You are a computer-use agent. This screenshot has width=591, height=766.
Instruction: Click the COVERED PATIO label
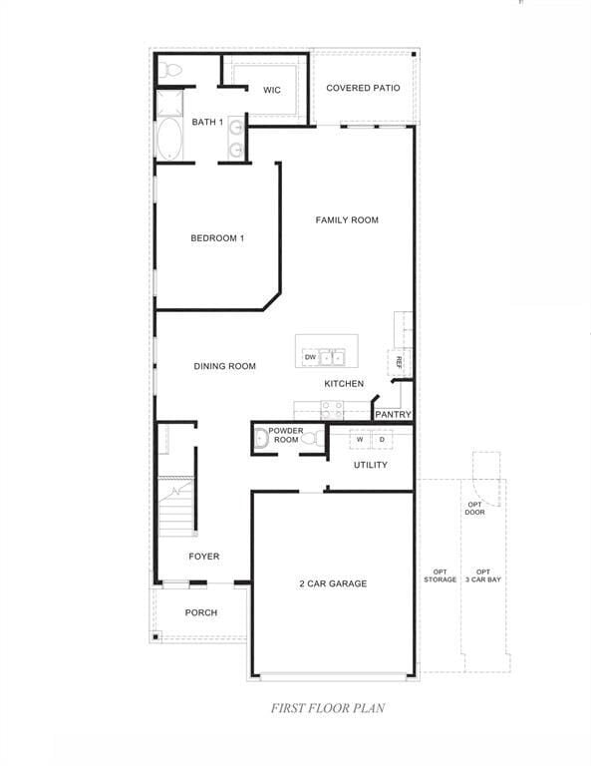pos(363,88)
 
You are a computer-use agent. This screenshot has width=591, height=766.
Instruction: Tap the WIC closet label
pos(272,90)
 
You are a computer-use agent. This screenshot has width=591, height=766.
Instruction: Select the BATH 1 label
pos(207,122)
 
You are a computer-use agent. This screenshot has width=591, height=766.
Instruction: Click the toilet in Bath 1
pos(170,71)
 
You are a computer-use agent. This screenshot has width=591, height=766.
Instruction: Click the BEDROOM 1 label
pos(217,237)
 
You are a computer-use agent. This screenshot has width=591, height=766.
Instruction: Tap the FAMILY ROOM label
pos(347,219)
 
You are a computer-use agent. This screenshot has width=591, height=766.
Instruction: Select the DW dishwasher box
pos(310,357)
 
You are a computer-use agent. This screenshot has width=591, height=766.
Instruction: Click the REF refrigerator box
pos(399,361)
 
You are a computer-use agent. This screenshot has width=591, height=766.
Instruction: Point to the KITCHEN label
pos(344,383)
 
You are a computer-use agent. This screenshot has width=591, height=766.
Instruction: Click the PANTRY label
pos(393,414)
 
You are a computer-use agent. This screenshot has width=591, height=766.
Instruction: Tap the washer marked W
pos(360,439)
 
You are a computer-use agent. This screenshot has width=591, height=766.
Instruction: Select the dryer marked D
pos(381,439)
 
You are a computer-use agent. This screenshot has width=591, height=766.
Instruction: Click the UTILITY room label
pos(371,465)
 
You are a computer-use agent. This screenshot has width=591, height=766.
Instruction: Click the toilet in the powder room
pos(309,438)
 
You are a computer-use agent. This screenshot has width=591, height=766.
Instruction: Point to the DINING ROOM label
pos(224,366)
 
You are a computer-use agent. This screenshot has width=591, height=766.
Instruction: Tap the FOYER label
pos(203,557)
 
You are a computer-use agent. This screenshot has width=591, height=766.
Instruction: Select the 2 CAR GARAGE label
pos(333,583)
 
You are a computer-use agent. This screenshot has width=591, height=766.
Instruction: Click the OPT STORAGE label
pos(440,575)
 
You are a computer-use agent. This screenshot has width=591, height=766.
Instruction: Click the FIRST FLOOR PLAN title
pos(328,708)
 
